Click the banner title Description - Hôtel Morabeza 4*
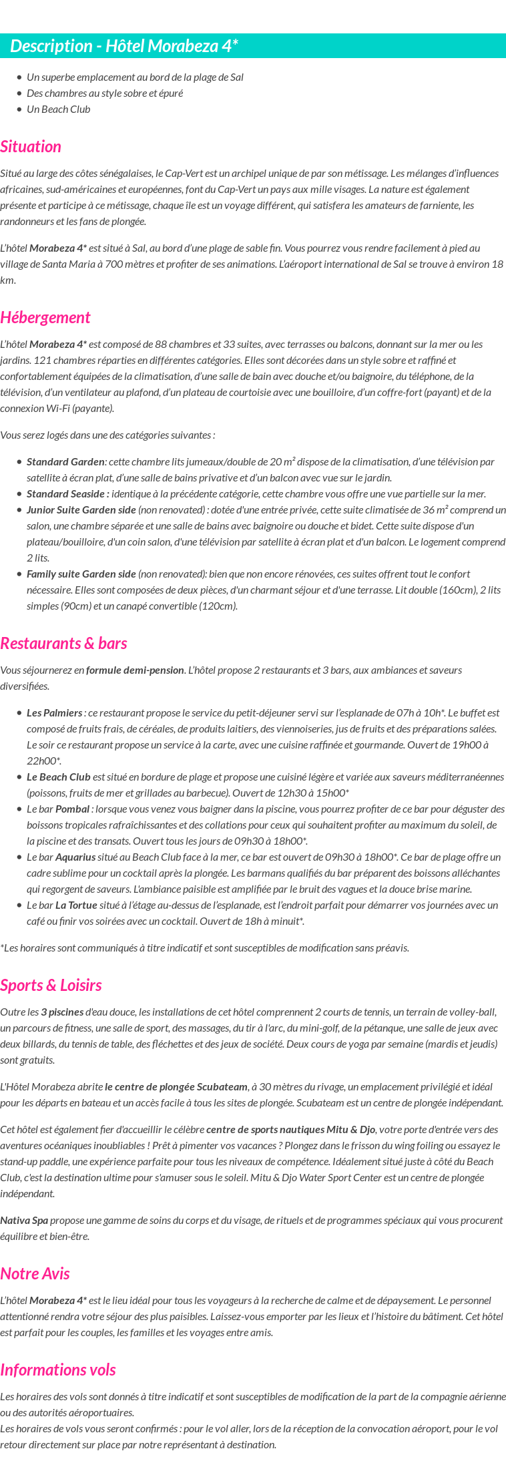click(124, 46)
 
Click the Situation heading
click(31, 147)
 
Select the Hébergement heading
click(45, 318)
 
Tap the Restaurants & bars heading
click(63, 644)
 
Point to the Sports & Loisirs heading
click(51, 986)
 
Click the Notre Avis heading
click(35, 1274)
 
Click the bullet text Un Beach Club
click(58, 110)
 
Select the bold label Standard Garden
click(65, 462)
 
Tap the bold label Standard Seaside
click(67, 494)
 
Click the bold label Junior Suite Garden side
click(81, 510)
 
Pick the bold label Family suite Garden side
click(81, 574)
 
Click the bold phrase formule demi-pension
click(135, 670)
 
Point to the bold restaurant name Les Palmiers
click(55, 713)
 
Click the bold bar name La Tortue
click(76, 905)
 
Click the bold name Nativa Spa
click(24, 1221)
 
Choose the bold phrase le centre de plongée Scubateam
click(176, 1087)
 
